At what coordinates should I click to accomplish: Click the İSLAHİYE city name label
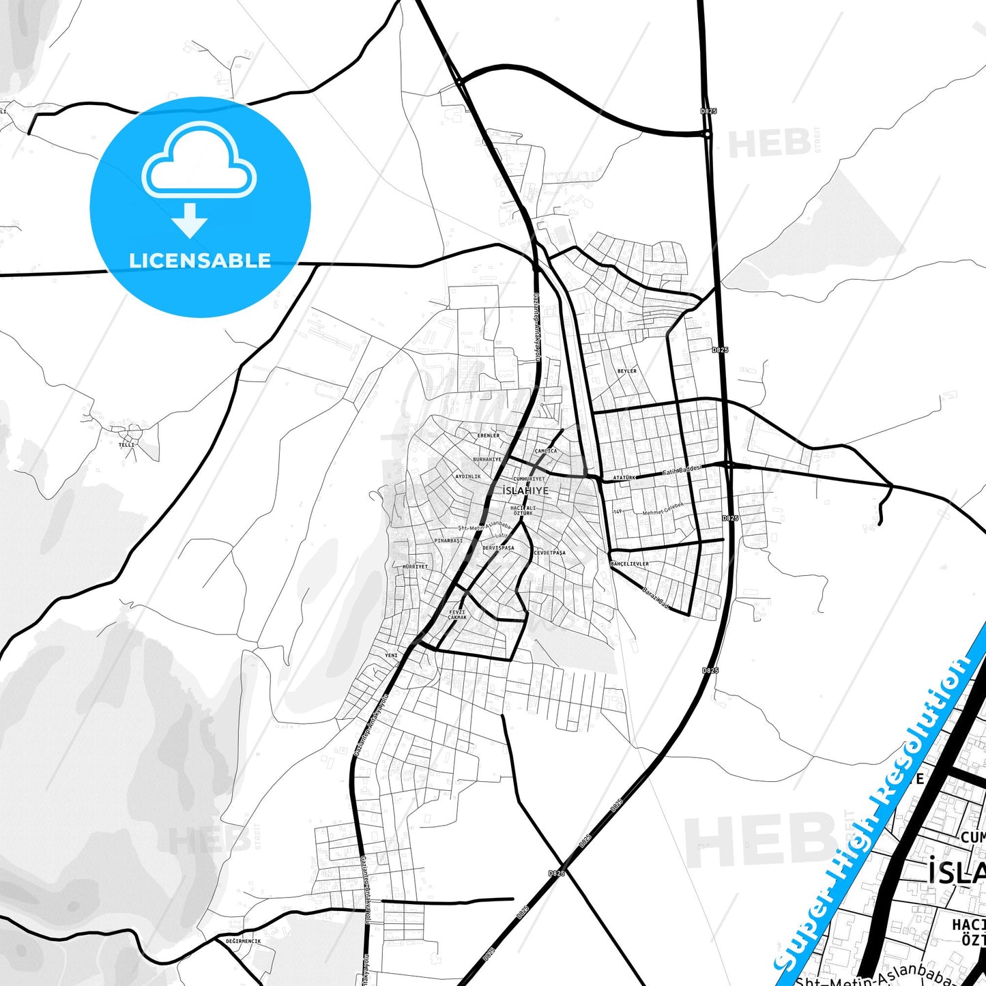[525, 491]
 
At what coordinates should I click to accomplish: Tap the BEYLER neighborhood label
[626, 371]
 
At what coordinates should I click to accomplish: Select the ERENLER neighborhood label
[489, 435]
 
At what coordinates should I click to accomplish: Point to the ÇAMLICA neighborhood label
[546, 451]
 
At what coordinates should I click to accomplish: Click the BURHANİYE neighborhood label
[487, 460]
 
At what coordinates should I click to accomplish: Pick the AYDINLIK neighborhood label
[468, 476]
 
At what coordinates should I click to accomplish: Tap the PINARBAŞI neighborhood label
[448, 540]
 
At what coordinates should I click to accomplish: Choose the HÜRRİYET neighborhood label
[415, 567]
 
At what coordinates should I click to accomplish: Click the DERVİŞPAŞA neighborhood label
[498, 548]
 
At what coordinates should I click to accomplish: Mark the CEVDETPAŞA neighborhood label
[550, 553]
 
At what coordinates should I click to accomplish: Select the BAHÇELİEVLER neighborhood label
[630, 564]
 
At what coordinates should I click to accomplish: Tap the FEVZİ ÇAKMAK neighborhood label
[457, 615]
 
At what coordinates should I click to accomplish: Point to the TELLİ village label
[127, 445]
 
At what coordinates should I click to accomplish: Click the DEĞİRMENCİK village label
[243, 941]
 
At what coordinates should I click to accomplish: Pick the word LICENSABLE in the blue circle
[200, 261]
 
